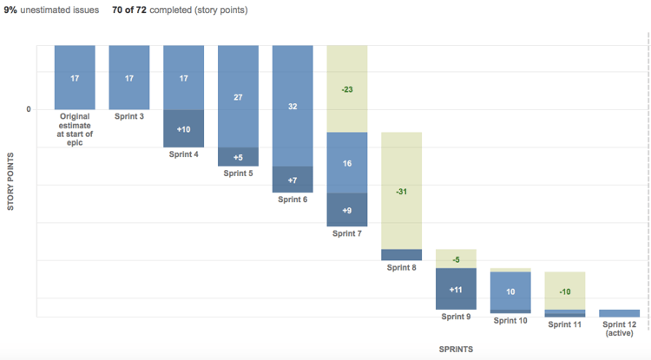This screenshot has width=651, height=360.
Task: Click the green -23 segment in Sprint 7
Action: (346, 89)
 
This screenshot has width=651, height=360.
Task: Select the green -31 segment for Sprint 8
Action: (401, 191)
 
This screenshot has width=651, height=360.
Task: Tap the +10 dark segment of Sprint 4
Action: (183, 128)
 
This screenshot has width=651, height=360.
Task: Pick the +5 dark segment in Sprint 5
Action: (238, 157)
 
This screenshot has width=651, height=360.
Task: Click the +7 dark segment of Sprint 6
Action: (293, 180)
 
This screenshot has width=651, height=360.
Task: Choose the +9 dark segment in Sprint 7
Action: (346, 209)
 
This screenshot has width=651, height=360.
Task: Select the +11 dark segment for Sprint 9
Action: (456, 289)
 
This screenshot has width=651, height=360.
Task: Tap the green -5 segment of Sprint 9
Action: (456, 259)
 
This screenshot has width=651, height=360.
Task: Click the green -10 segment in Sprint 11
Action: (564, 291)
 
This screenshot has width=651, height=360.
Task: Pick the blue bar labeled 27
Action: (238, 97)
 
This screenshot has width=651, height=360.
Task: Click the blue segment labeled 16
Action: (346, 162)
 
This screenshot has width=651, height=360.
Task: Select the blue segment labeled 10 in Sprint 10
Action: (510, 291)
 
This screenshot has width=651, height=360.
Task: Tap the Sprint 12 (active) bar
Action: (619, 313)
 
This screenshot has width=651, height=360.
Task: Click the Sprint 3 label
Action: (129, 115)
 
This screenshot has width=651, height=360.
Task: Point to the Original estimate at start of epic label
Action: (75, 129)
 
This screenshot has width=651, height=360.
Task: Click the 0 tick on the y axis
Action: (29, 109)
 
